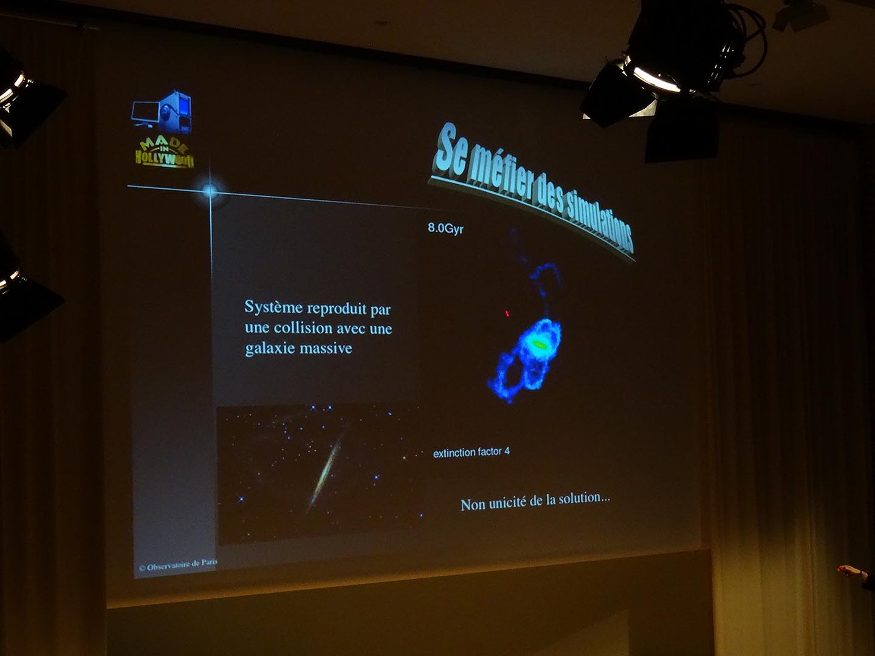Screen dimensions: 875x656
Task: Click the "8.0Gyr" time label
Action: (x=445, y=228)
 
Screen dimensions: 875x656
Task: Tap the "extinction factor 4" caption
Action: (x=471, y=453)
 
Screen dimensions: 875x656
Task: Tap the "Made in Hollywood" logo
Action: (x=164, y=153)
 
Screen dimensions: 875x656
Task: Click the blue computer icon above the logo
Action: (x=163, y=112)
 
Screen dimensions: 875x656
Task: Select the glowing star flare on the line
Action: (x=210, y=191)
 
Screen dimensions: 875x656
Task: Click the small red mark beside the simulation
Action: (x=507, y=314)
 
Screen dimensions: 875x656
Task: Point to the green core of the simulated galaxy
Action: (x=539, y=343)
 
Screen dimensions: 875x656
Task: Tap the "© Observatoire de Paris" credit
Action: (x=178, y=565)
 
